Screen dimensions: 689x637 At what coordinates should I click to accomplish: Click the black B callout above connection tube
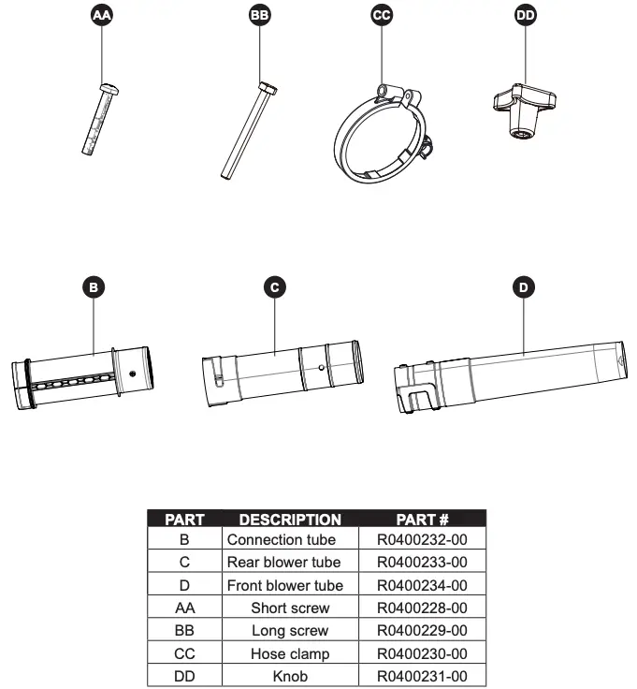93,287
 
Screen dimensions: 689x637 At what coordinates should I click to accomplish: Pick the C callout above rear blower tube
273,287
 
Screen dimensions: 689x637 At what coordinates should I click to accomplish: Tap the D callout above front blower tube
523,287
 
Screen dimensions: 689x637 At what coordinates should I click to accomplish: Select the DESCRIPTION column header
290,519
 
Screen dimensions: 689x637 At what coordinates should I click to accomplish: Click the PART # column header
423,519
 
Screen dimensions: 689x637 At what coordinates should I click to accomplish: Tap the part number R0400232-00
422,540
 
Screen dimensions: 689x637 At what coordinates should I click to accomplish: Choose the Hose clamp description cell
290,653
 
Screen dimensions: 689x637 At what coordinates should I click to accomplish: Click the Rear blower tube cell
290,563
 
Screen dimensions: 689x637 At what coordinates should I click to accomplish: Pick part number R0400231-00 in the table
422,676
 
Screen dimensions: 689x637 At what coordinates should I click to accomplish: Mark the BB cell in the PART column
184,631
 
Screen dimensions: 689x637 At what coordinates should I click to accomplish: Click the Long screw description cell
290,631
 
